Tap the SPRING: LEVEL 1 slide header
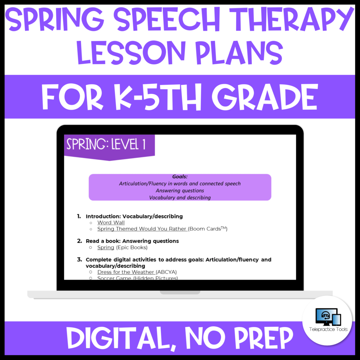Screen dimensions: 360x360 (x=106, y=145)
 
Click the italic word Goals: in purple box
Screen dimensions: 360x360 (x=180, y=177)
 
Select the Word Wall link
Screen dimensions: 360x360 (x=111, y=223)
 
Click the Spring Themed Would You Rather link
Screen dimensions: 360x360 (x=142, y=229)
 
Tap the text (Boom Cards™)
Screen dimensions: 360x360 (x=208, y=229)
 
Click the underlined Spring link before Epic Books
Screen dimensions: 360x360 (x=105, y=247)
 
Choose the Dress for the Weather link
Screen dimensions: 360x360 (x=126, y=272)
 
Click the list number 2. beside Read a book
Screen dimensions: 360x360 (x=79, y=241)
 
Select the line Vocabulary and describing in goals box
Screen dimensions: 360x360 (x=180, y=198)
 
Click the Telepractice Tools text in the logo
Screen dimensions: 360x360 (x=327, y=329)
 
